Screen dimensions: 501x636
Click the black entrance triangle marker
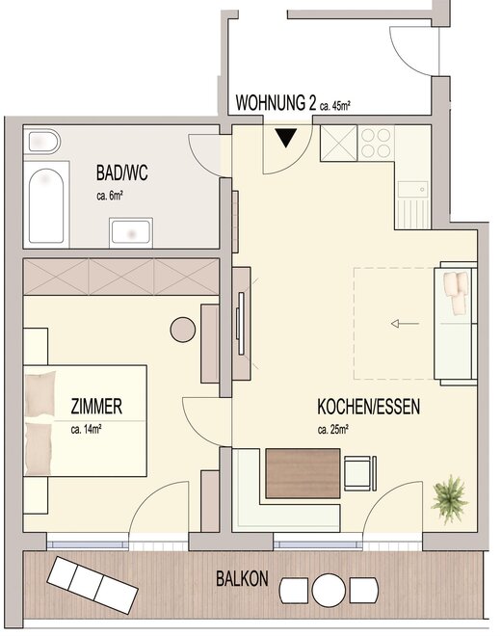click(286, 138)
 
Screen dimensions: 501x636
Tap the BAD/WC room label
click(121, 172)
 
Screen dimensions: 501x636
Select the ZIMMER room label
click(96, 407)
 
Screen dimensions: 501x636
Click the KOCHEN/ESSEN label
click(368, 407)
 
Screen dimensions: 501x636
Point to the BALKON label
click(242, 578)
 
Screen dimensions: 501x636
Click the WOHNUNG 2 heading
click(276, 102)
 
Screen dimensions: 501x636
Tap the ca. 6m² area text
click(110, 196)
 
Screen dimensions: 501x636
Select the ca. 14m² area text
click(86, 429)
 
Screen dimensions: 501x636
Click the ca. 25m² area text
click(333, 429)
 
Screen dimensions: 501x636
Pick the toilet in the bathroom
click(41, 142)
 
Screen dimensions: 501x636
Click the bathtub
click(46, 205)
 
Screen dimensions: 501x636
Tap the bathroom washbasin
click(131, 232)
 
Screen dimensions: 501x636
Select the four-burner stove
click(376, 143)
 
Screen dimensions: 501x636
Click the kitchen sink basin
click(412, 190)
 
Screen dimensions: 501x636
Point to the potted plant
click(449, 499)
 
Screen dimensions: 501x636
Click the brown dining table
click(303, 473)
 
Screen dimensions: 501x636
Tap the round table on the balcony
click(329, 590)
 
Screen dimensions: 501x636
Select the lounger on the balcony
click(92, 585)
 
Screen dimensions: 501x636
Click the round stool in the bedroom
click(183, 330)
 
